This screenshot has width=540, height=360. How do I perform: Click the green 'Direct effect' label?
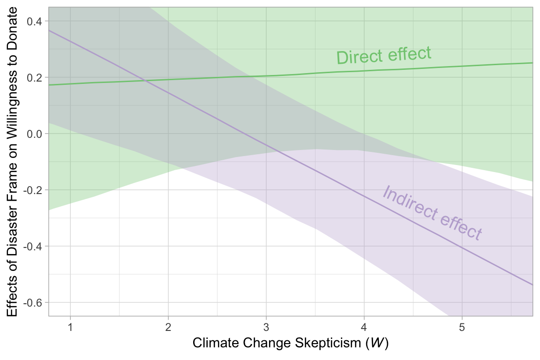pos(383,55)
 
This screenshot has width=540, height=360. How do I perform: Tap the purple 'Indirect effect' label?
pos(432,213)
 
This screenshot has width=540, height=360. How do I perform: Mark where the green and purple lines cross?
pos(146,81)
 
